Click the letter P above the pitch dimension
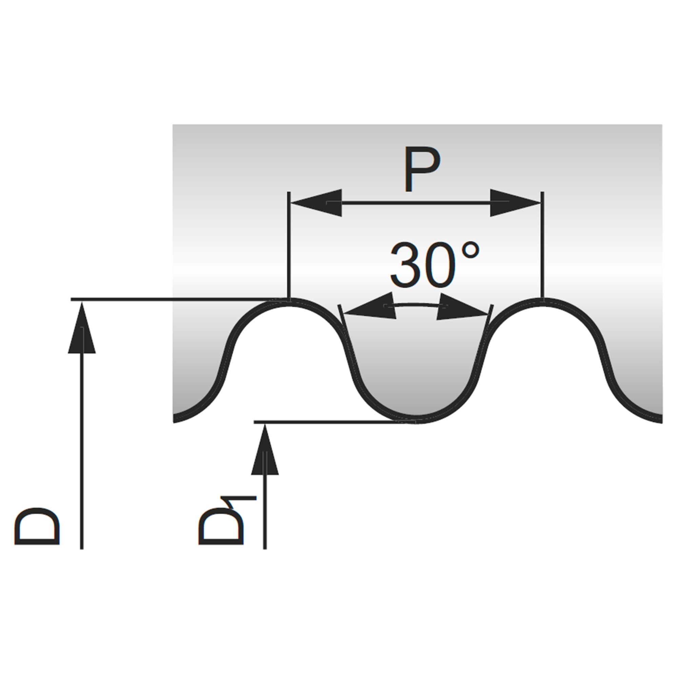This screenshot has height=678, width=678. tap(421, 169)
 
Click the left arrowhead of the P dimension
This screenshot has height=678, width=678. tap(316, 203)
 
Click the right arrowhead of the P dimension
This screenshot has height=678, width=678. tap(515, 203)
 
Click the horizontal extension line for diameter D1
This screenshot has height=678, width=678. tap(335, 422)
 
